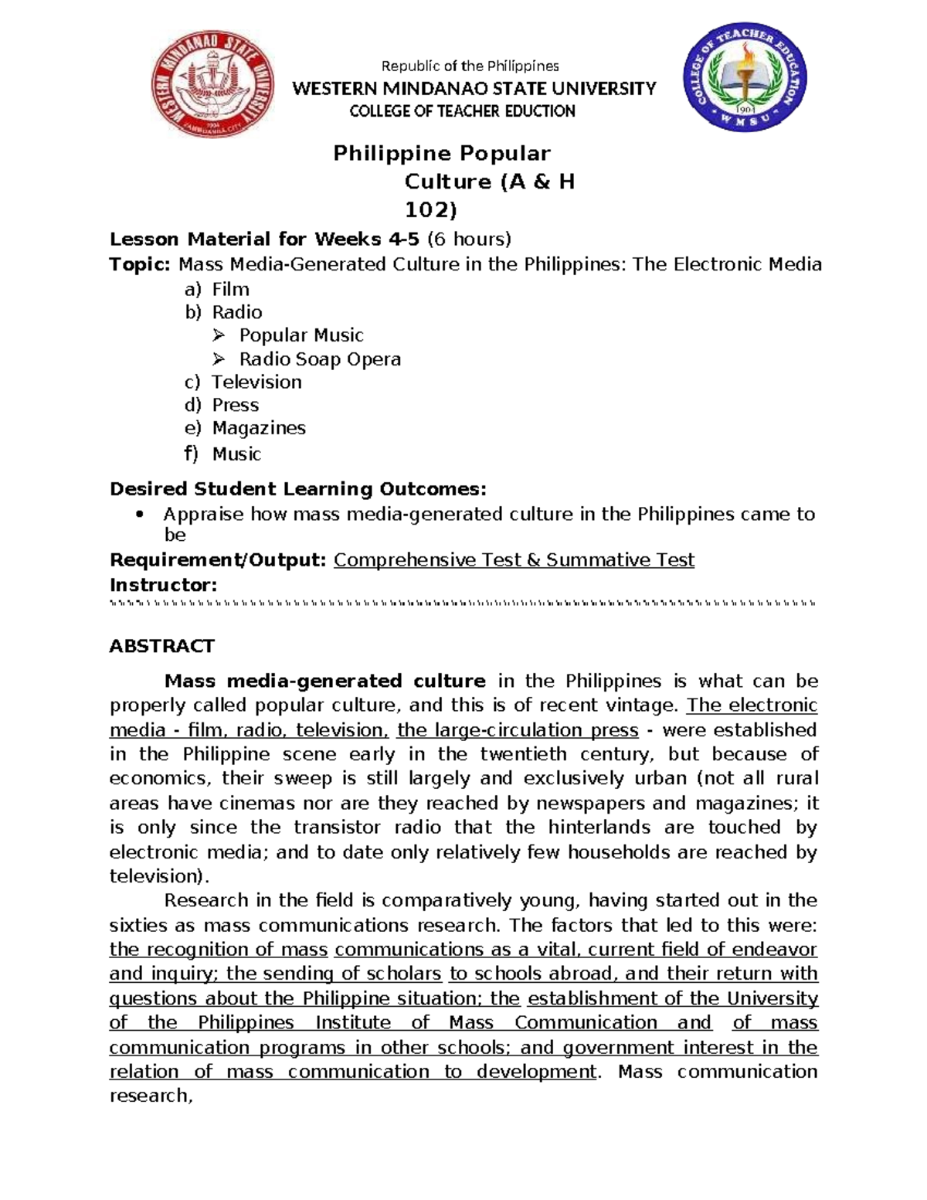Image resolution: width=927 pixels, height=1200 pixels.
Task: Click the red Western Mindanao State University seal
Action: pos(212,87)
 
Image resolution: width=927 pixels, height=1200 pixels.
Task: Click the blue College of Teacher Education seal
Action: pos(745,80)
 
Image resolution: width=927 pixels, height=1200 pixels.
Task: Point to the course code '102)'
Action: pos(431,210)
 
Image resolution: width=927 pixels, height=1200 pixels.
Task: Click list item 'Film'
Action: pos(230,290)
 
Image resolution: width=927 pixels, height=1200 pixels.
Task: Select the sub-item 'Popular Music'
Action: pos(301,335)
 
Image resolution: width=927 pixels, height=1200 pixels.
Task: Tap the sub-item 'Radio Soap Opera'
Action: pos(320,359)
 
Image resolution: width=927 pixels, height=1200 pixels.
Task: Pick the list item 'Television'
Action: pos(256,382)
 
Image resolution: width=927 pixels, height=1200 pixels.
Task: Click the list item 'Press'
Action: pos(236,406)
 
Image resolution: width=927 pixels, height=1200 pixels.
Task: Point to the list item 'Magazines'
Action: pos(259,428)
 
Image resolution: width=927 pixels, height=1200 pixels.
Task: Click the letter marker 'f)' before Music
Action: pos(191,454)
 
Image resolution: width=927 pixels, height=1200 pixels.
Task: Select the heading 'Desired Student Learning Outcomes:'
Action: pos(298,489)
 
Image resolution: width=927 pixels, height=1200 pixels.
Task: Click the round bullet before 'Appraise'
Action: pos(140,515)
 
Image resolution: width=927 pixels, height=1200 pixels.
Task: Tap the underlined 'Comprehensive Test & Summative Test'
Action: pos(514,560)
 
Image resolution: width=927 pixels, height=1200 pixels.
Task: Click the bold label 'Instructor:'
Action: pos(163,585)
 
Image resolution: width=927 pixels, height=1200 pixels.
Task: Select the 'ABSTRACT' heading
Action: pos(161,646)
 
